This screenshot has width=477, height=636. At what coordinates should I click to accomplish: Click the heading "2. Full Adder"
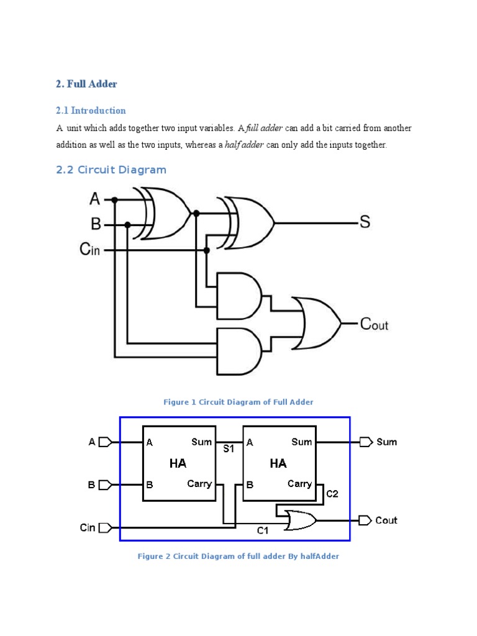pyautogui.click(x=86, y=83)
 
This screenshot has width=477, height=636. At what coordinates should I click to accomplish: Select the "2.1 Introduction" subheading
pyautogui.click(x=91, y=111)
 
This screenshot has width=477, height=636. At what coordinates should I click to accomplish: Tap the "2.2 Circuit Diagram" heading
pyautogui.click(x=111, y=170)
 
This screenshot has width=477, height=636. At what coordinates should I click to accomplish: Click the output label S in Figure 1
pyautogui.click(x=365, y=222)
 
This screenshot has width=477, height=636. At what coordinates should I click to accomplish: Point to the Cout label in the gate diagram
pyautogui.click(x=374, y=324)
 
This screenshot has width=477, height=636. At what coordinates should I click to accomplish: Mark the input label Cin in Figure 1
pyautogui.click(x=89, y=250)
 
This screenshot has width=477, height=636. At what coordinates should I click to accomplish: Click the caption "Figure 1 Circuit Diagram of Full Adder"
pyautogui.click(x=238, y=402)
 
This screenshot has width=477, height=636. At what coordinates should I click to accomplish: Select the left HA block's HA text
pyautogui.click(x=178, y=463)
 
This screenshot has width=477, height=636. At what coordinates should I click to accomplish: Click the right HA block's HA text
pyautogui.click(x=278, y=463)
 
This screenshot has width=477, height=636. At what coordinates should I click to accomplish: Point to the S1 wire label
pyautogui.click(x=229, y=448)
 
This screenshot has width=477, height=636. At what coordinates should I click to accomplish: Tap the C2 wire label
pyautogui.click(x=332, y=494)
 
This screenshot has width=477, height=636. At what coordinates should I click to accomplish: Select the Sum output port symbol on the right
pyautogui.click(x=365, y=442)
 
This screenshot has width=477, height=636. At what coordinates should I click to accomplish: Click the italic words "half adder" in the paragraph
pyautogui.click(x=245, y=145)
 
